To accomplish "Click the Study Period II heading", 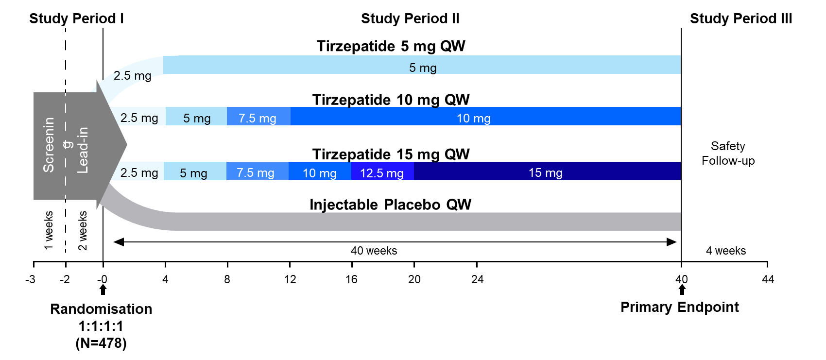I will tap(410, 19).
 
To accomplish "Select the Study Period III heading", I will tap(741, 19).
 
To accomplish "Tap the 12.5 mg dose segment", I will tap(382, 173).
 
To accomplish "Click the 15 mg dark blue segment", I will tap(546, 172).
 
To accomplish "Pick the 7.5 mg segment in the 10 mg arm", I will tap(258, 118).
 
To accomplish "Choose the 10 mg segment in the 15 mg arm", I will tap(319, 173).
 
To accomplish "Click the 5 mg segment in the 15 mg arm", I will tap(194, 173).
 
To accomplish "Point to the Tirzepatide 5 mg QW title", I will tap(391, 46).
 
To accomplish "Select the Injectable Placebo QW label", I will tap(390, 205).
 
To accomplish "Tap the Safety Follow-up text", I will tap(728, 153).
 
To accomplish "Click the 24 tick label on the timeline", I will tap(477, 279).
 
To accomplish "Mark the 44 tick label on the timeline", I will tap(768, 279).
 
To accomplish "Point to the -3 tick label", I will tap(30, 279).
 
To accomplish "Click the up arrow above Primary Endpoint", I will tap(682, 290).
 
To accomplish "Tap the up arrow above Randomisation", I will tap(103, 290).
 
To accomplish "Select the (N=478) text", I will tap(101, 343).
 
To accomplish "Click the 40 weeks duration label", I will tap(374, 251).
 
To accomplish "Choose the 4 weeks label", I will tap(726, 251).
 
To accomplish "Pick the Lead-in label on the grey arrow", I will tap(83, 150).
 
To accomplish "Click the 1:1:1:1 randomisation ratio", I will tap(101, 326).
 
